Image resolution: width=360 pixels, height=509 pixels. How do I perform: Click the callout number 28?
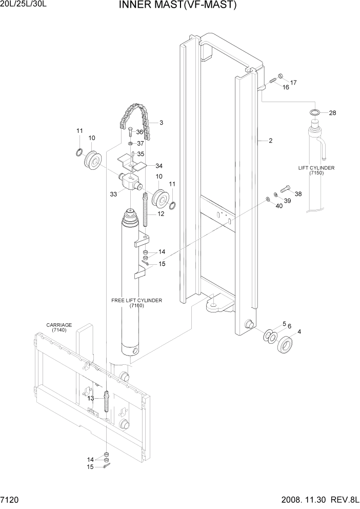(x=332, y=113)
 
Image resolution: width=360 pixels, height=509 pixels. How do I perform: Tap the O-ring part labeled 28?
(x=315, y=112)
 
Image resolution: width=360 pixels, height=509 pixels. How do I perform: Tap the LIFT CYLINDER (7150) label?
(x=316, y=171)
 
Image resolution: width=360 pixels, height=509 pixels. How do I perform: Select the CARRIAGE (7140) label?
(x=59, y=328)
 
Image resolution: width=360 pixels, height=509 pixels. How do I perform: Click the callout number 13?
(x=90, y=398)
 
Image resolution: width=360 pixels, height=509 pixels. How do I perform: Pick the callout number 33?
(x=113, y=194)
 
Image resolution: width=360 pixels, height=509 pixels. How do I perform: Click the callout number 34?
(x=159, y=166)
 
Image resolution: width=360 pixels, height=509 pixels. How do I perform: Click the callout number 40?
(x=279, y=206)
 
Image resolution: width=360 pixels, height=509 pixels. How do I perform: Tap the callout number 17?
(x=293, y=83)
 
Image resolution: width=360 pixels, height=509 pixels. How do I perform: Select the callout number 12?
(x=161, y=214)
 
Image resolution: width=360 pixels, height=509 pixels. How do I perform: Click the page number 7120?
(x=10, y=499)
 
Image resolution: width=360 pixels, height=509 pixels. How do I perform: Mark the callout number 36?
(x=139, y=132)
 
